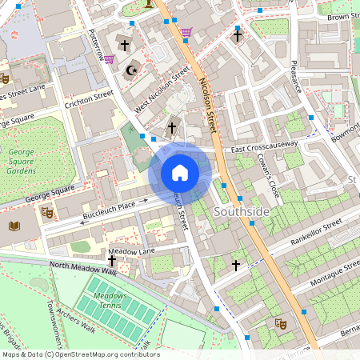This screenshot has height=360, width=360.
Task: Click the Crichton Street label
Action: point(90,98)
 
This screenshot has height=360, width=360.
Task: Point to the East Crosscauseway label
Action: point(265,146)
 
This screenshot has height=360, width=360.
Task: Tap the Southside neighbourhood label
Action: point(242,212)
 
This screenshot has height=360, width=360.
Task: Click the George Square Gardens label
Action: point(22,159)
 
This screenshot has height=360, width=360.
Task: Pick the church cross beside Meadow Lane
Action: point(111,261)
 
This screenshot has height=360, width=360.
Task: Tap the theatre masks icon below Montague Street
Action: point(280,323)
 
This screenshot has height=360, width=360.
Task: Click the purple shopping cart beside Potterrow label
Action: point(109,59)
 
